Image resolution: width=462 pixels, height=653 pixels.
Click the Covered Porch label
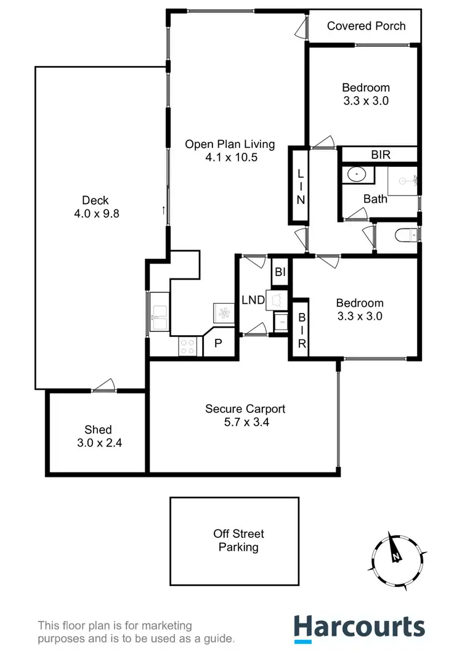tap(366, 26)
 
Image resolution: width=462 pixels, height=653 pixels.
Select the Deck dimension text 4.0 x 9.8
tap(95, 213)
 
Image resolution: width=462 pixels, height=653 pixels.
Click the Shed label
tap(98, 430)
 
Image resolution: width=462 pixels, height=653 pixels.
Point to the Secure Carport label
tap(245, 409)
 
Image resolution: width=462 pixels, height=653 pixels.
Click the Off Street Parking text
tap(238, 540)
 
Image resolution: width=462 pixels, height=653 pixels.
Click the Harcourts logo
tap(359, 627)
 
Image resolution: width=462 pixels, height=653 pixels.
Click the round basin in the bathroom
tap(356, 175)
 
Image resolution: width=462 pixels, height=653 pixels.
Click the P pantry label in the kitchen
tap(217, 344)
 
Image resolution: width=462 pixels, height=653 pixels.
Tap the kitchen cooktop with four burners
tap(187, 347)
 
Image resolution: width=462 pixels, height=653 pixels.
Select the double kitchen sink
tap(160, 312)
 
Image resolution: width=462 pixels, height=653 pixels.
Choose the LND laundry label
tap(253, 300)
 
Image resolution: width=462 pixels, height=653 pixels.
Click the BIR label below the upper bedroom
tap(380, 155)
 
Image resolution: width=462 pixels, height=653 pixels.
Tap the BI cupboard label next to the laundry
tap(280, 271)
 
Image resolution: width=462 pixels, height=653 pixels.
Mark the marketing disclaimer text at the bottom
tap(136, 633)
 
